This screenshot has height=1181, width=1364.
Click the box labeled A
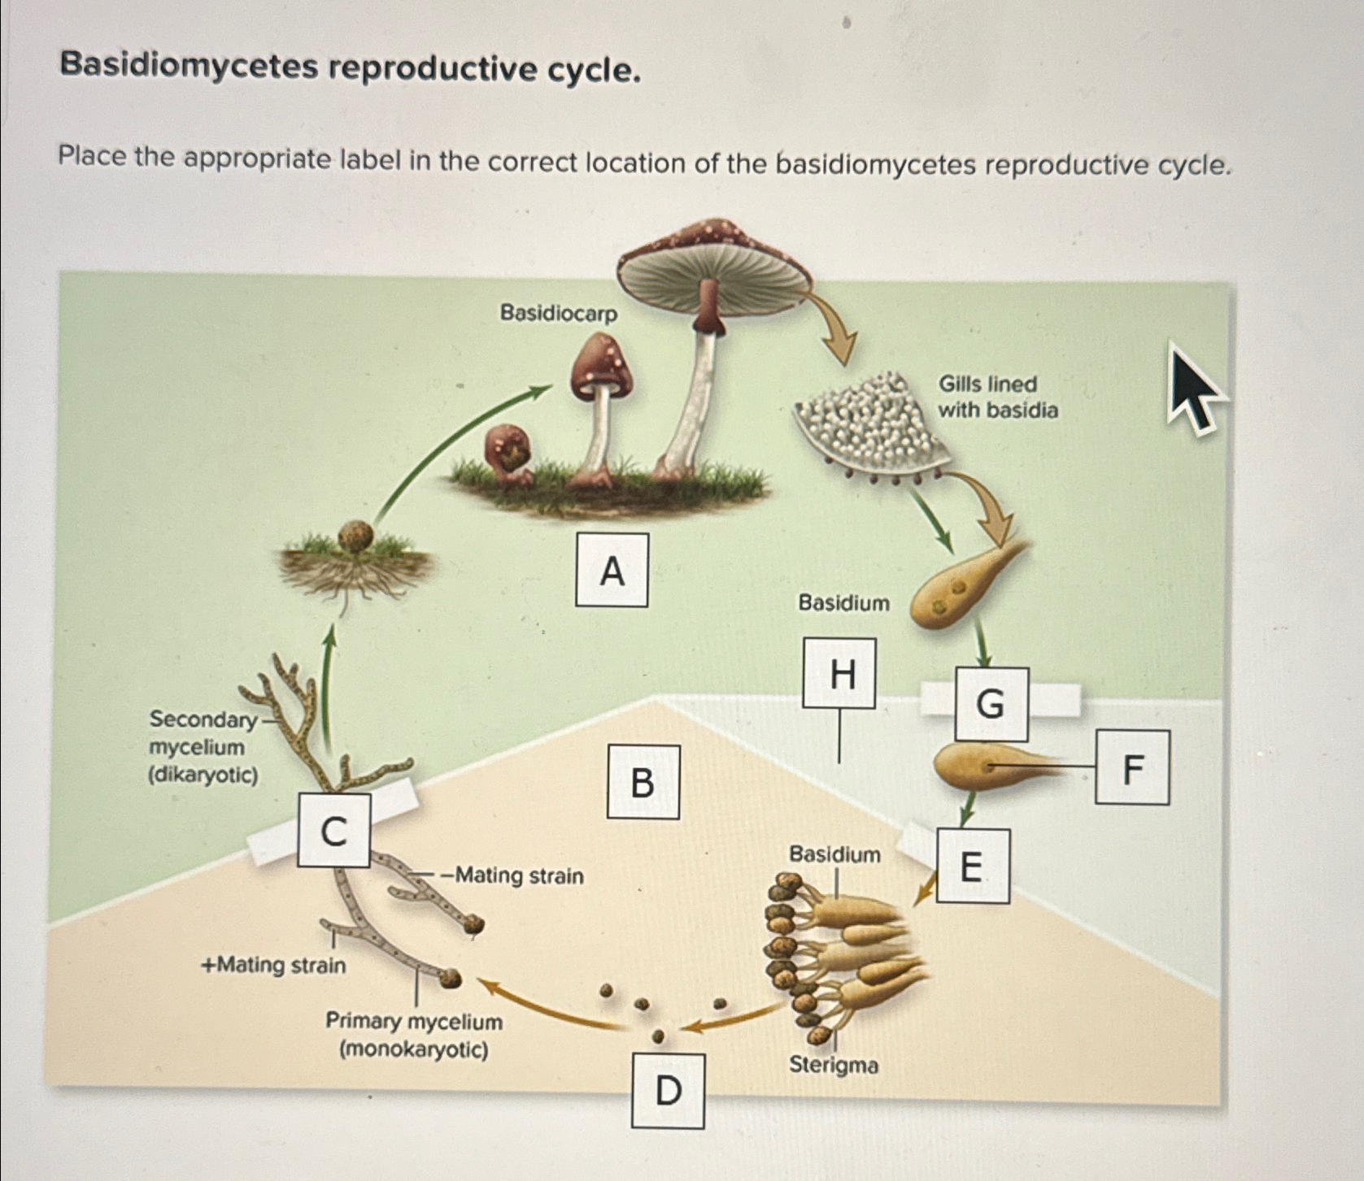[612, 570]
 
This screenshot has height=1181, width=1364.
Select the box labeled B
[643, 781]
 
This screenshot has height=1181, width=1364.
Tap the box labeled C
[333, 831]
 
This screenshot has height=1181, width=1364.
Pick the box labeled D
[668, 1090]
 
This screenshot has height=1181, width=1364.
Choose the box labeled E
[973, 866]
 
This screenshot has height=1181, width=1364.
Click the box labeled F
[1132, 767]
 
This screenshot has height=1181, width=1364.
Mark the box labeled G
[991, 703]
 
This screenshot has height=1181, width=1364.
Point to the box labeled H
[839, 673]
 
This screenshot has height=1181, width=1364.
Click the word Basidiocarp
[558, 313]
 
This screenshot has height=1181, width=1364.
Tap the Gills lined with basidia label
[997, 397]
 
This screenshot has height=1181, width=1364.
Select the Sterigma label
[834, 1065]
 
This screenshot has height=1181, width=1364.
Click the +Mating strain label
[273, 965]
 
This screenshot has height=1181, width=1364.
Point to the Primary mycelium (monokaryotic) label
[414, 1035]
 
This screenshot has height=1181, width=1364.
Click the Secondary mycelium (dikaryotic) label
[202, 746]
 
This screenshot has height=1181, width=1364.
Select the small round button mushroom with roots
[355, 537]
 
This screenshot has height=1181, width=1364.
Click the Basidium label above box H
[843, 602]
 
